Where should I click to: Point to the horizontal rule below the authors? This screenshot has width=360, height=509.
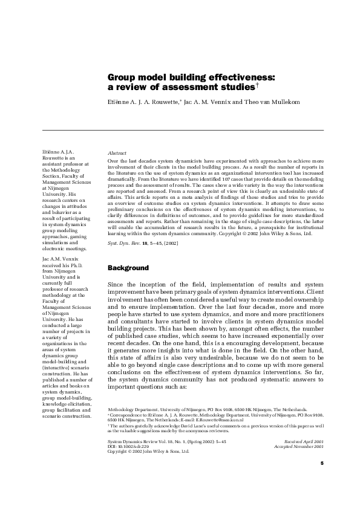[182, 130]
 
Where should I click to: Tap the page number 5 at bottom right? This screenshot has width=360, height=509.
[322, 480]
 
